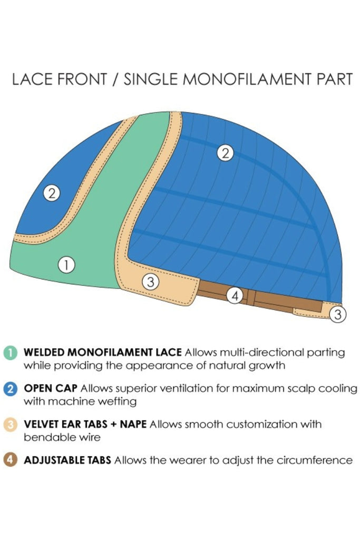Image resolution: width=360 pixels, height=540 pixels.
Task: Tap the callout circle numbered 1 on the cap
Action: (x=66, y=265)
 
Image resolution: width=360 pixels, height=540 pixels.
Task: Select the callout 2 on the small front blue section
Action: (x=51, y=193)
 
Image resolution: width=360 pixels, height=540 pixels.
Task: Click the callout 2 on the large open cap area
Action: (x=225, y=153)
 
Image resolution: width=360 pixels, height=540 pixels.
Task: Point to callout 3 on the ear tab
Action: (x=151, y=282)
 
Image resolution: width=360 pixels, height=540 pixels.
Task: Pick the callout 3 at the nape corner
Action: (x=338, y=315)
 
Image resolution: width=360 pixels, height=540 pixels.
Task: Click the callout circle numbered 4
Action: (x=235, y=296)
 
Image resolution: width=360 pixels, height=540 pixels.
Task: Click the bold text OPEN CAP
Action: (x=51, y=388)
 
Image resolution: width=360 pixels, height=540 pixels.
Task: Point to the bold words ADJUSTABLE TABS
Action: (x=67, y=460)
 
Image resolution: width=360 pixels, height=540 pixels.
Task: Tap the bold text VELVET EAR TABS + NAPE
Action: (x=85, y=424)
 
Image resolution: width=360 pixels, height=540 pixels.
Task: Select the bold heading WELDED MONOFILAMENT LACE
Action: (x=103, y=352)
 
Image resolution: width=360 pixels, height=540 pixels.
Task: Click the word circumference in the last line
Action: (x=316, y=460)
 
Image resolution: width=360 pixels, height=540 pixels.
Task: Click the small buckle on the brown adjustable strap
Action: (x=252, y=299)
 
